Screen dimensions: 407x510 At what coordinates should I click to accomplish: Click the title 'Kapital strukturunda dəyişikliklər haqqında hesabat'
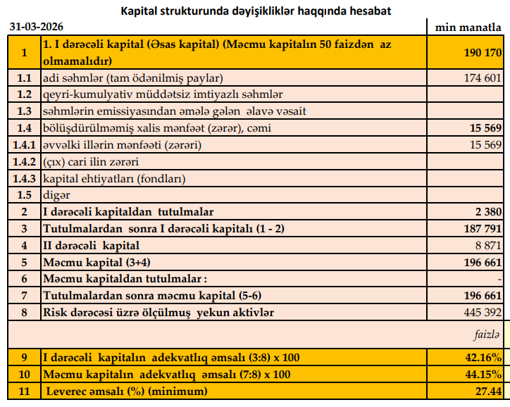click(257, 11)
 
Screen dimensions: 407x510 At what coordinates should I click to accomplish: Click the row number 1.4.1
click(25, 145)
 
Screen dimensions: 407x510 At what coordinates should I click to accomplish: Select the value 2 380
click(487, 212)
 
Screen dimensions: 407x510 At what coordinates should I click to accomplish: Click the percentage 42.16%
click(483, 357)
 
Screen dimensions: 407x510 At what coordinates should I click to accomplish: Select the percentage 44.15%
click(483, 374)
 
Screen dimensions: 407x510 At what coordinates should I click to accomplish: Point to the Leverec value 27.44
click(487, 391)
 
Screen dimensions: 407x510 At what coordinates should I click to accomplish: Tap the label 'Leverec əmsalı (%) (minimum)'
click(127, 391)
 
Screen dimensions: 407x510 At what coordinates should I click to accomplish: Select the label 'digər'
click(56, 195)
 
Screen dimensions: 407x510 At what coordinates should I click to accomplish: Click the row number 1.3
click(25, 111)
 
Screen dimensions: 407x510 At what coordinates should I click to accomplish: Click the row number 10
click(25, 374)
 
